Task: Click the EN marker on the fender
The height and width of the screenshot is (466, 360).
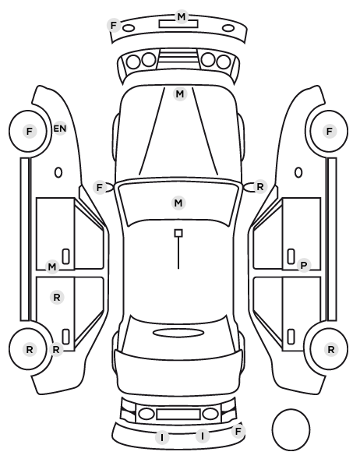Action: [60, 129]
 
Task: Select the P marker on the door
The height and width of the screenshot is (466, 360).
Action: [304, 266]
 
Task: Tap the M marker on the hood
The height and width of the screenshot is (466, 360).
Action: [179, 94]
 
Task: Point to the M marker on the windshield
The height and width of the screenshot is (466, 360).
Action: [178, 203]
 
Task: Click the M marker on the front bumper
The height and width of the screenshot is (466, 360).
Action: [182, 16]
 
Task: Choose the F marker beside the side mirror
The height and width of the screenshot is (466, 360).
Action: [100, 188]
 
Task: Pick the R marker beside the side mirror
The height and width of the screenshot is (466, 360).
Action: [260, 187]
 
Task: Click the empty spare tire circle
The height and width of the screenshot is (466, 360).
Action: [291, 429]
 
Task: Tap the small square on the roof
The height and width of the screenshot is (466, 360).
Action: [178, 233]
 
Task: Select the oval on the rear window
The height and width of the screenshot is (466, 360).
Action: [178, 333]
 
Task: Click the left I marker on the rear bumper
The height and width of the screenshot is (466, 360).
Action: [162, 437]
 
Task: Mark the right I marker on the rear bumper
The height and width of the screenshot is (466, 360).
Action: [203, 436]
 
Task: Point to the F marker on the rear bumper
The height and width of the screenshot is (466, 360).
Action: [238, 431]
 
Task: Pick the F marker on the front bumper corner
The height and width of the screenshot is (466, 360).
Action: [114, 25]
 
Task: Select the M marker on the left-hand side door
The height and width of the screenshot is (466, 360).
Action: [52, 267]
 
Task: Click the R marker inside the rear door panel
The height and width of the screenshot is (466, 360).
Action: [57, 297]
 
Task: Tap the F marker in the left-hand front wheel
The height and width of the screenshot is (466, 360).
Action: [29, 131]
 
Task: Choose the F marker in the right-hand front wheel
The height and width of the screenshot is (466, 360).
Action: [329, 131]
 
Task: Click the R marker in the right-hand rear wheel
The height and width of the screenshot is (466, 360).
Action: [331, 350]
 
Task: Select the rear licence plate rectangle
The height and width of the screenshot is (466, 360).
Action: [178, 415]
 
